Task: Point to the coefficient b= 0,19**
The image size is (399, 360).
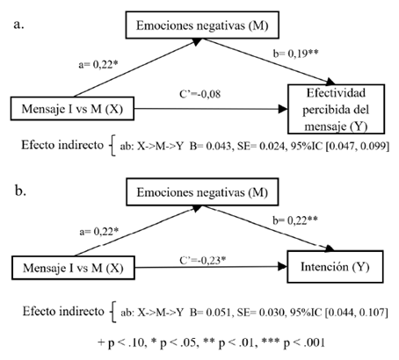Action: point(295,54)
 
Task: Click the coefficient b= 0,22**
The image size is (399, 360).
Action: point(295,220)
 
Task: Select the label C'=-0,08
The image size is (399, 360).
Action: point(200,94)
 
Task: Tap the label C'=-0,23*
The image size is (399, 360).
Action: point(203,260)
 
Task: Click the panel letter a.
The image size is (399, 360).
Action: point(18,25)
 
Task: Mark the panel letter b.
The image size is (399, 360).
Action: point(20,191)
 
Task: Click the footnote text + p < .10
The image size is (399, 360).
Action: point(122,342)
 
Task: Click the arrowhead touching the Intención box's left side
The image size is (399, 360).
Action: point(282,266)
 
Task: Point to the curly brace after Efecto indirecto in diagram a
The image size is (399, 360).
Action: point(112,145)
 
